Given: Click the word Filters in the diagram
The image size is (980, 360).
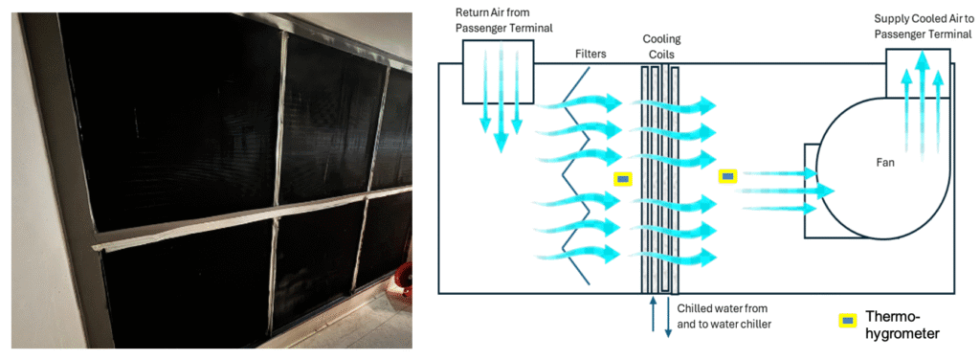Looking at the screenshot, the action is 590,55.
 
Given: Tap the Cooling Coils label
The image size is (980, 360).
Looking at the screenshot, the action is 661,47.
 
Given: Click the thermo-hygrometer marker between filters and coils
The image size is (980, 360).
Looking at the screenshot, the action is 623,179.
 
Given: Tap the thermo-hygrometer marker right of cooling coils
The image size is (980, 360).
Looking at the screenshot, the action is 727,177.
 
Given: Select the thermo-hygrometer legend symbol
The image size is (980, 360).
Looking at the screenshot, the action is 848,321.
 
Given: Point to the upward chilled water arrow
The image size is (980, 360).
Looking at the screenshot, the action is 653,314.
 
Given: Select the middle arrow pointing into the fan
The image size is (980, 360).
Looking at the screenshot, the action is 789,190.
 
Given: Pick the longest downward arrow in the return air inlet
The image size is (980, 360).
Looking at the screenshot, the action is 500,99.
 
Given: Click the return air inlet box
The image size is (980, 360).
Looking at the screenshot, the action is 498,71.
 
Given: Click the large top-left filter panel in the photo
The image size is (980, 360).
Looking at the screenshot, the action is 169,123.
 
